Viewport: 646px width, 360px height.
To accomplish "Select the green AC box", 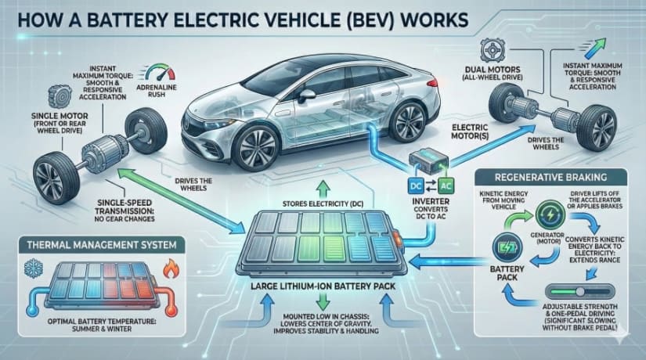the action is pos(443,186).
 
